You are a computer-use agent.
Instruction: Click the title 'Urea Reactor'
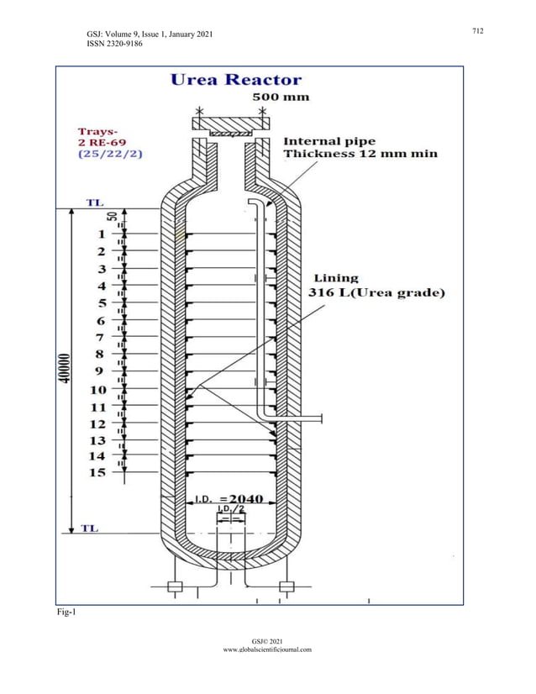[236, 80]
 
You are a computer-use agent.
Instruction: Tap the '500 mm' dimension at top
[281, 97]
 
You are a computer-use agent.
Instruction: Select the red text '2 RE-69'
[102, 143]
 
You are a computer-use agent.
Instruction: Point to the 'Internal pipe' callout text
[329, 141]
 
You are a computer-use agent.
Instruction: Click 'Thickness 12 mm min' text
[360, 154]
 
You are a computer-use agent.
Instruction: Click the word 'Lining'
[336, 278]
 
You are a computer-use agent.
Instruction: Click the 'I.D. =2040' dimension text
[229, 498]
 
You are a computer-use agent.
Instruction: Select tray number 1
[101, 234]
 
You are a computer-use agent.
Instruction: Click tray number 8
[100, 355]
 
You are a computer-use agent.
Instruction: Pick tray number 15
[97, 472]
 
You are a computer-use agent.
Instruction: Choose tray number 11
[97, 407]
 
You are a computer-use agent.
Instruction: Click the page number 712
[477, 31]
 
